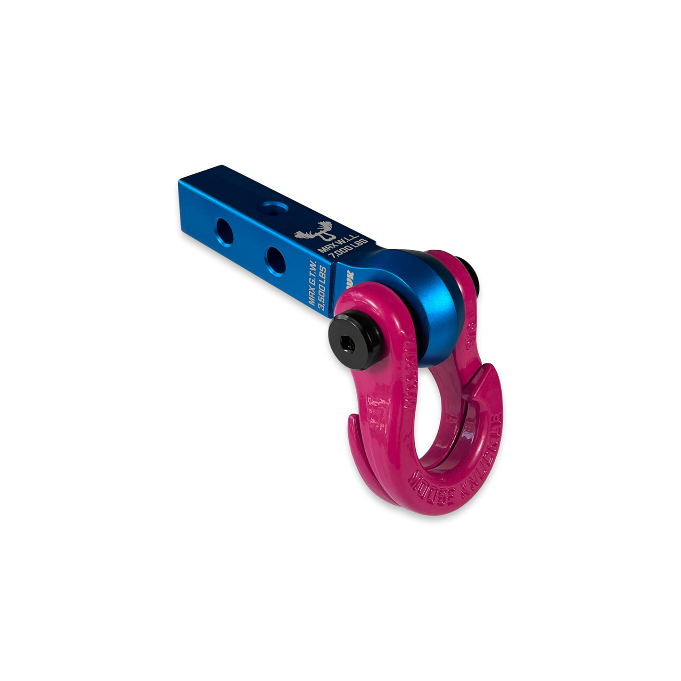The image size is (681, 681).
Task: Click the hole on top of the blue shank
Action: click(x=273, y=207)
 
